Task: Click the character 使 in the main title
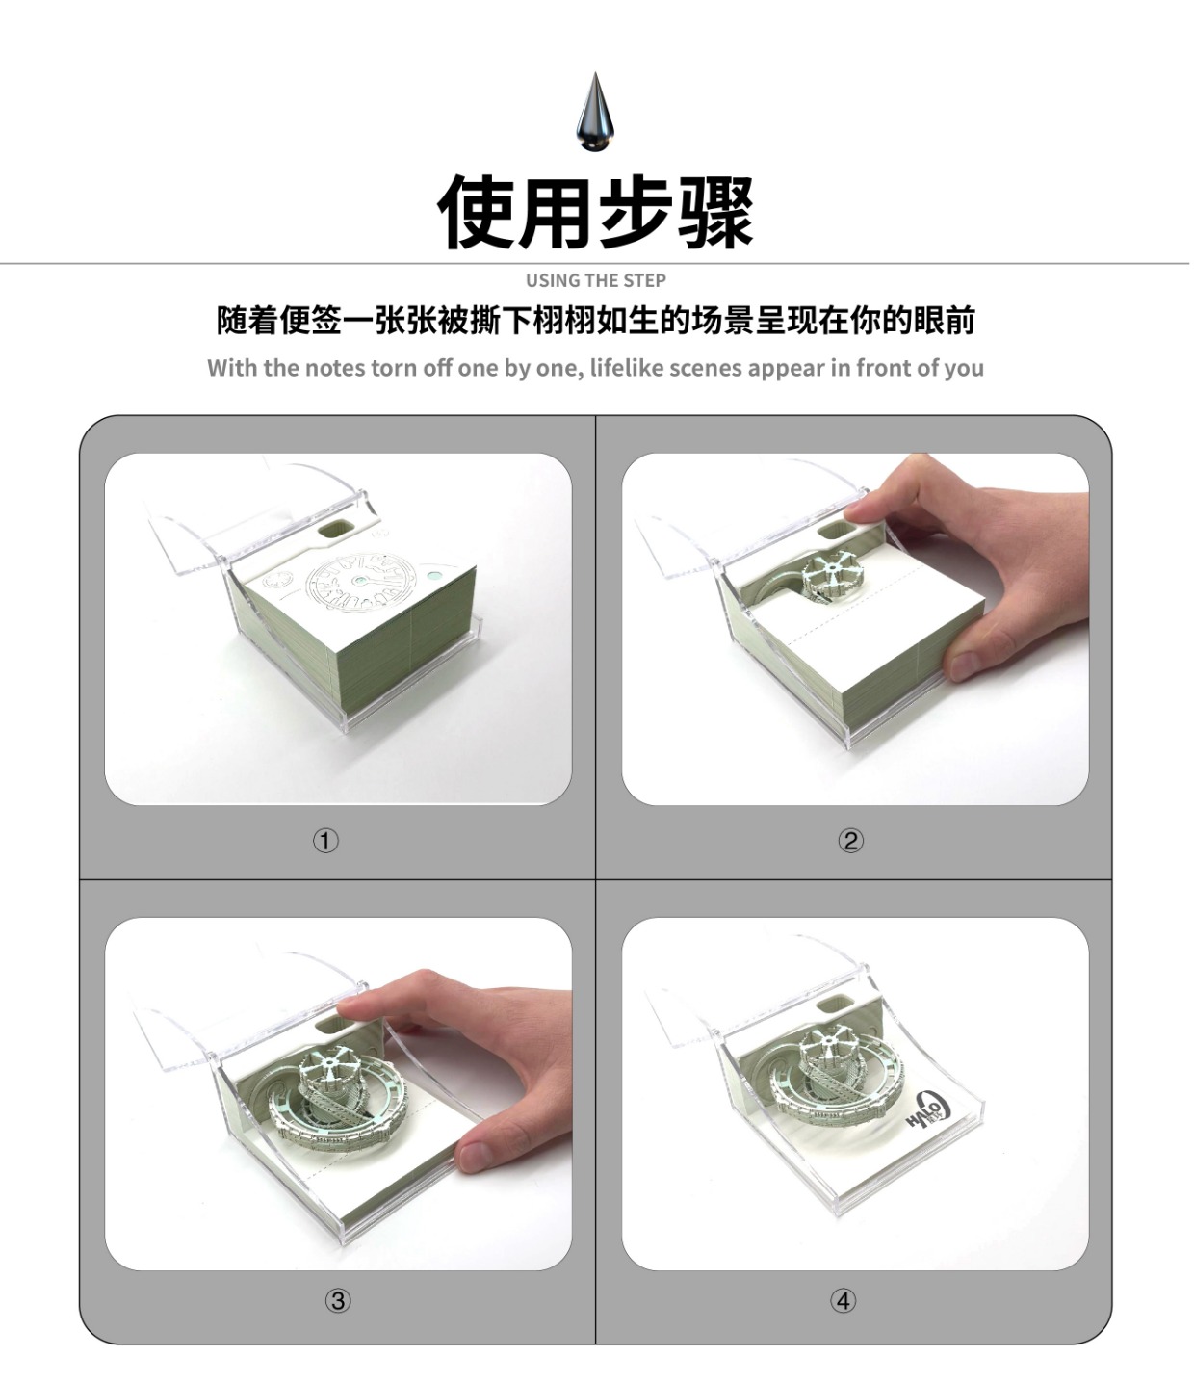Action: [476, 211]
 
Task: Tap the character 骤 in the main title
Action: [715, 211]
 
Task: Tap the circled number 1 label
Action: [325, 841]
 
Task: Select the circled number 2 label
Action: [851, 841]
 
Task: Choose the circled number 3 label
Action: [338, 1301]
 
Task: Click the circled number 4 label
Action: [843, 1301]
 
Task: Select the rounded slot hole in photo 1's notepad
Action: [336, 531]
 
